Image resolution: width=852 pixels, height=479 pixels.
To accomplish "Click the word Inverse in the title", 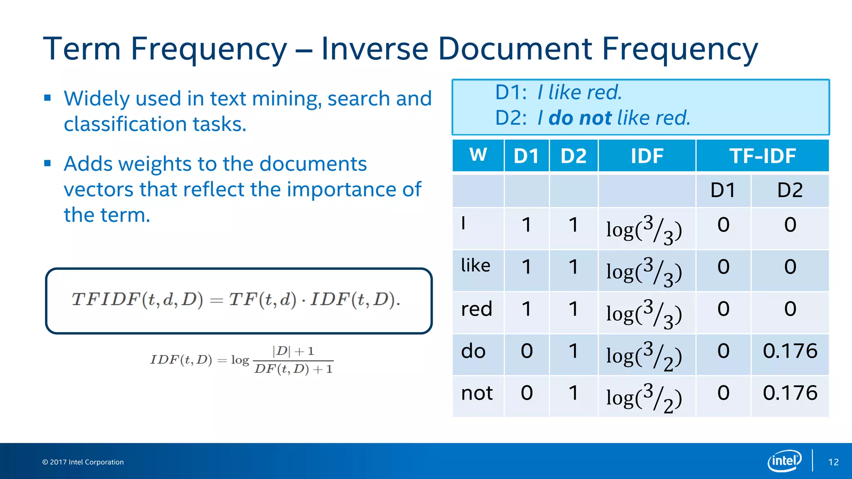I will point(374,49).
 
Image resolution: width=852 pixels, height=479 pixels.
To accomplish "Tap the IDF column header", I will point(647,156).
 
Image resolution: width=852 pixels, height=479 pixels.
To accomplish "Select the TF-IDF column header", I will point(762,156).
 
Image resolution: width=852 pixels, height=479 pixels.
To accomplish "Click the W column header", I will point(478,155).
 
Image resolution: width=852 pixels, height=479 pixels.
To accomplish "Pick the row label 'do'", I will point(473,351).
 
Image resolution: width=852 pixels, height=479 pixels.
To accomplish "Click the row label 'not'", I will point(477,393).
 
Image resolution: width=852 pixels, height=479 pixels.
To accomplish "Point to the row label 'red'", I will point(477,309).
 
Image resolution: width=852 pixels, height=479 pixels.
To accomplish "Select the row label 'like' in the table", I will point(476,266).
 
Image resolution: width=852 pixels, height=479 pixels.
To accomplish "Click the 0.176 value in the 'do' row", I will point(790,351).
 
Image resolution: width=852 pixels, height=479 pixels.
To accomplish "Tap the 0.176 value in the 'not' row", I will point(790,393).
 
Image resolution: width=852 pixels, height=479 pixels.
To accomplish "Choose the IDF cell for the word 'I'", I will point(644,230).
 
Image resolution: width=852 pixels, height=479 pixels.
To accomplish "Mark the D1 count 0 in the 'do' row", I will point(527,351).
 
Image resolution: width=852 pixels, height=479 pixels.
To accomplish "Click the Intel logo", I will point(784,461).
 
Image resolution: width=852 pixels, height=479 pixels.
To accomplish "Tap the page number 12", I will point(833,462).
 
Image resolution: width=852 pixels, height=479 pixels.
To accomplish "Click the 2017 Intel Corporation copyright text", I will point(83,462).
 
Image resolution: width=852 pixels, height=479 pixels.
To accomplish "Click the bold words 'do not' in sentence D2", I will point(580,118).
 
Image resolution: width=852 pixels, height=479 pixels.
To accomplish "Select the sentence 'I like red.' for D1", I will point(580,92).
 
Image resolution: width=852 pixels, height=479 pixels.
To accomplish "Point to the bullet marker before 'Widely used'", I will point(47,98).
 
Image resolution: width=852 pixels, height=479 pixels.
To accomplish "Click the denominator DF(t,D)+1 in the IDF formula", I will point(293,369).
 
